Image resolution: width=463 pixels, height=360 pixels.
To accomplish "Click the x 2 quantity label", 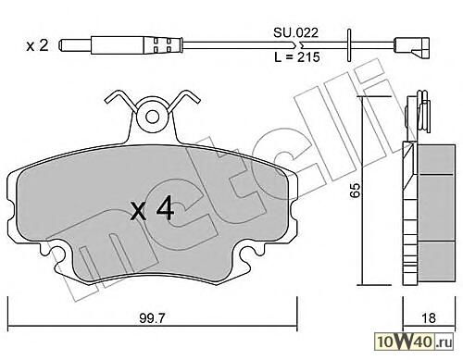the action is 37,46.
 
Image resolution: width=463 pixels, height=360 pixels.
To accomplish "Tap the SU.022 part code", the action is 295,32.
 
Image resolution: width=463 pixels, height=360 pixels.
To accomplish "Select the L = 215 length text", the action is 296,57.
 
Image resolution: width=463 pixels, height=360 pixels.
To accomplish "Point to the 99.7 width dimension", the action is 153,318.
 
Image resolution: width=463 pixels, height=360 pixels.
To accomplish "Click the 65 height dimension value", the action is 355,190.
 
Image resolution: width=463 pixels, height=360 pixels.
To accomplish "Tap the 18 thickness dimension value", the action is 429,318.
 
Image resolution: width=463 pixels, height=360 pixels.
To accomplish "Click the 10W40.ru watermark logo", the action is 415,341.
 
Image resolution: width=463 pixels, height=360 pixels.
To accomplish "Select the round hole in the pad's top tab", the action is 152,117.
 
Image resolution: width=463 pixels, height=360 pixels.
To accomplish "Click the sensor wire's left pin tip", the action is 60,45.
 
